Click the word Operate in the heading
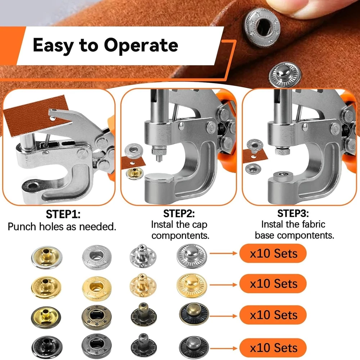[x=141, y=45]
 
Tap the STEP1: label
[x=63, y=214]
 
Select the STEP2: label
[x=179, y=214]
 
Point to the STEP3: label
[x=293, y=213]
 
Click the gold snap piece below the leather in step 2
[x=135, y=173]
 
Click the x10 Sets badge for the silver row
[x=273, y=253]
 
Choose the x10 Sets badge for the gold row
[x=273, y=284]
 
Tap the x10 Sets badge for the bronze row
[x=273, y=315]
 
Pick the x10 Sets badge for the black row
[x=273, y=348]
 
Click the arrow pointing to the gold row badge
[x=223, y=285]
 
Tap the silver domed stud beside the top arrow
[x=192, y=256]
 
